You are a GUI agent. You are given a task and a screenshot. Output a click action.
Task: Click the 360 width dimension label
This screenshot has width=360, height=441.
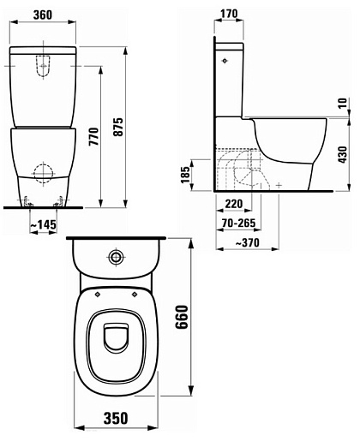tap(43, 15)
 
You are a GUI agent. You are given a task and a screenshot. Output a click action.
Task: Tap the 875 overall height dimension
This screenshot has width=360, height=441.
tap(117, 127)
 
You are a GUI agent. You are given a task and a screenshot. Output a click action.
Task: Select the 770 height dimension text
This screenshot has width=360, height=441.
tap(93, 137)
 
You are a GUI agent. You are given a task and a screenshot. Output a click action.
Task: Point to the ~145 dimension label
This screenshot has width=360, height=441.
tap(44, 225)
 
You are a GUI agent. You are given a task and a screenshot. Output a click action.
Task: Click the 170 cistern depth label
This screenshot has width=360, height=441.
tap(229, 14)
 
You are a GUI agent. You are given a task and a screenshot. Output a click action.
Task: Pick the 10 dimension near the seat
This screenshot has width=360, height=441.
tap(342, 103)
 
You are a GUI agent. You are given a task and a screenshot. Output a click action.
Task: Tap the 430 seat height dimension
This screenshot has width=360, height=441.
tap(342, 155)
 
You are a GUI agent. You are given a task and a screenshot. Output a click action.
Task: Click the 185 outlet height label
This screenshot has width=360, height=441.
tap(185, 175)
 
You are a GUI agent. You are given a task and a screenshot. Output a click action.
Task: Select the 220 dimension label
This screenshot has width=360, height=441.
tap(234, 204)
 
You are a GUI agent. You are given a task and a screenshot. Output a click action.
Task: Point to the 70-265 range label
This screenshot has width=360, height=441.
tap(238, 223)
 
